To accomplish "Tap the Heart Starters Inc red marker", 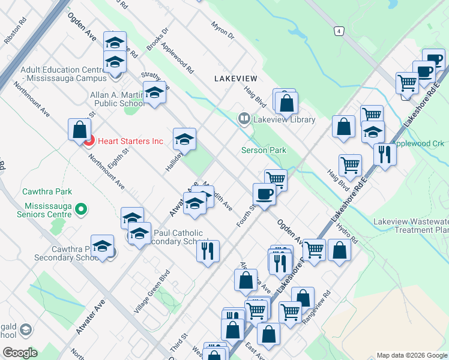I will (89, 142).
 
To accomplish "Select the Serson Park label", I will (264, 150).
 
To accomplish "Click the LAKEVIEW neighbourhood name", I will (235, 79).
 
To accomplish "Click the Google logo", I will (20, 352).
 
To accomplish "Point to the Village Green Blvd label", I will (149, 299).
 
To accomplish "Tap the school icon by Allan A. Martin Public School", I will (154, 93).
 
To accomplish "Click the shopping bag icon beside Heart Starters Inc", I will (79, 128).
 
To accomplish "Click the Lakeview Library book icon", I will (244, 119).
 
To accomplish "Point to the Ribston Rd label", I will (16, 31).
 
